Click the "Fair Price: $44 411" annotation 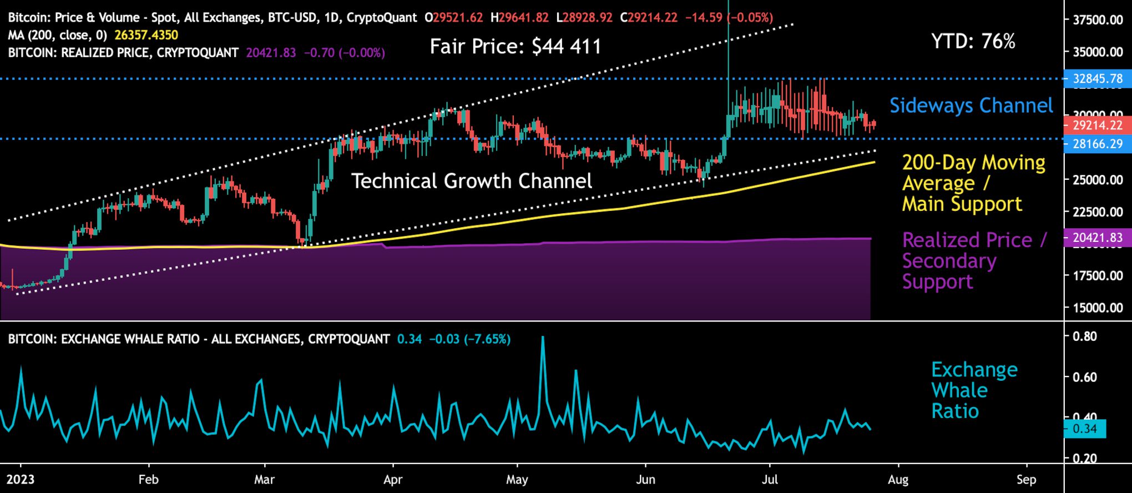pos(516,47)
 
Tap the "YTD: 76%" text pos(973,42)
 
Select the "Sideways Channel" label pos(971,105)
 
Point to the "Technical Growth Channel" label pos(472,181)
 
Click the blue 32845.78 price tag pos(1097,79)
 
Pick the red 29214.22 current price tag pos(1097,125)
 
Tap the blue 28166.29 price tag pos(1097,144)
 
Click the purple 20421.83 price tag pos(1097,238)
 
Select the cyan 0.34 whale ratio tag pos(1084,429)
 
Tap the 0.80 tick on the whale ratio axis pos(1084,336)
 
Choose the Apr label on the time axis pos(393,480)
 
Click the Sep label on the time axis pos(1026,480)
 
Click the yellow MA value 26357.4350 pos(146,36)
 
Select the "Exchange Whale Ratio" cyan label pos(974,390)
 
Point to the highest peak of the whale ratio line pos(542,337)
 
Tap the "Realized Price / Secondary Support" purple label pos(974,261)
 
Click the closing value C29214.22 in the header pos(649,18)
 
